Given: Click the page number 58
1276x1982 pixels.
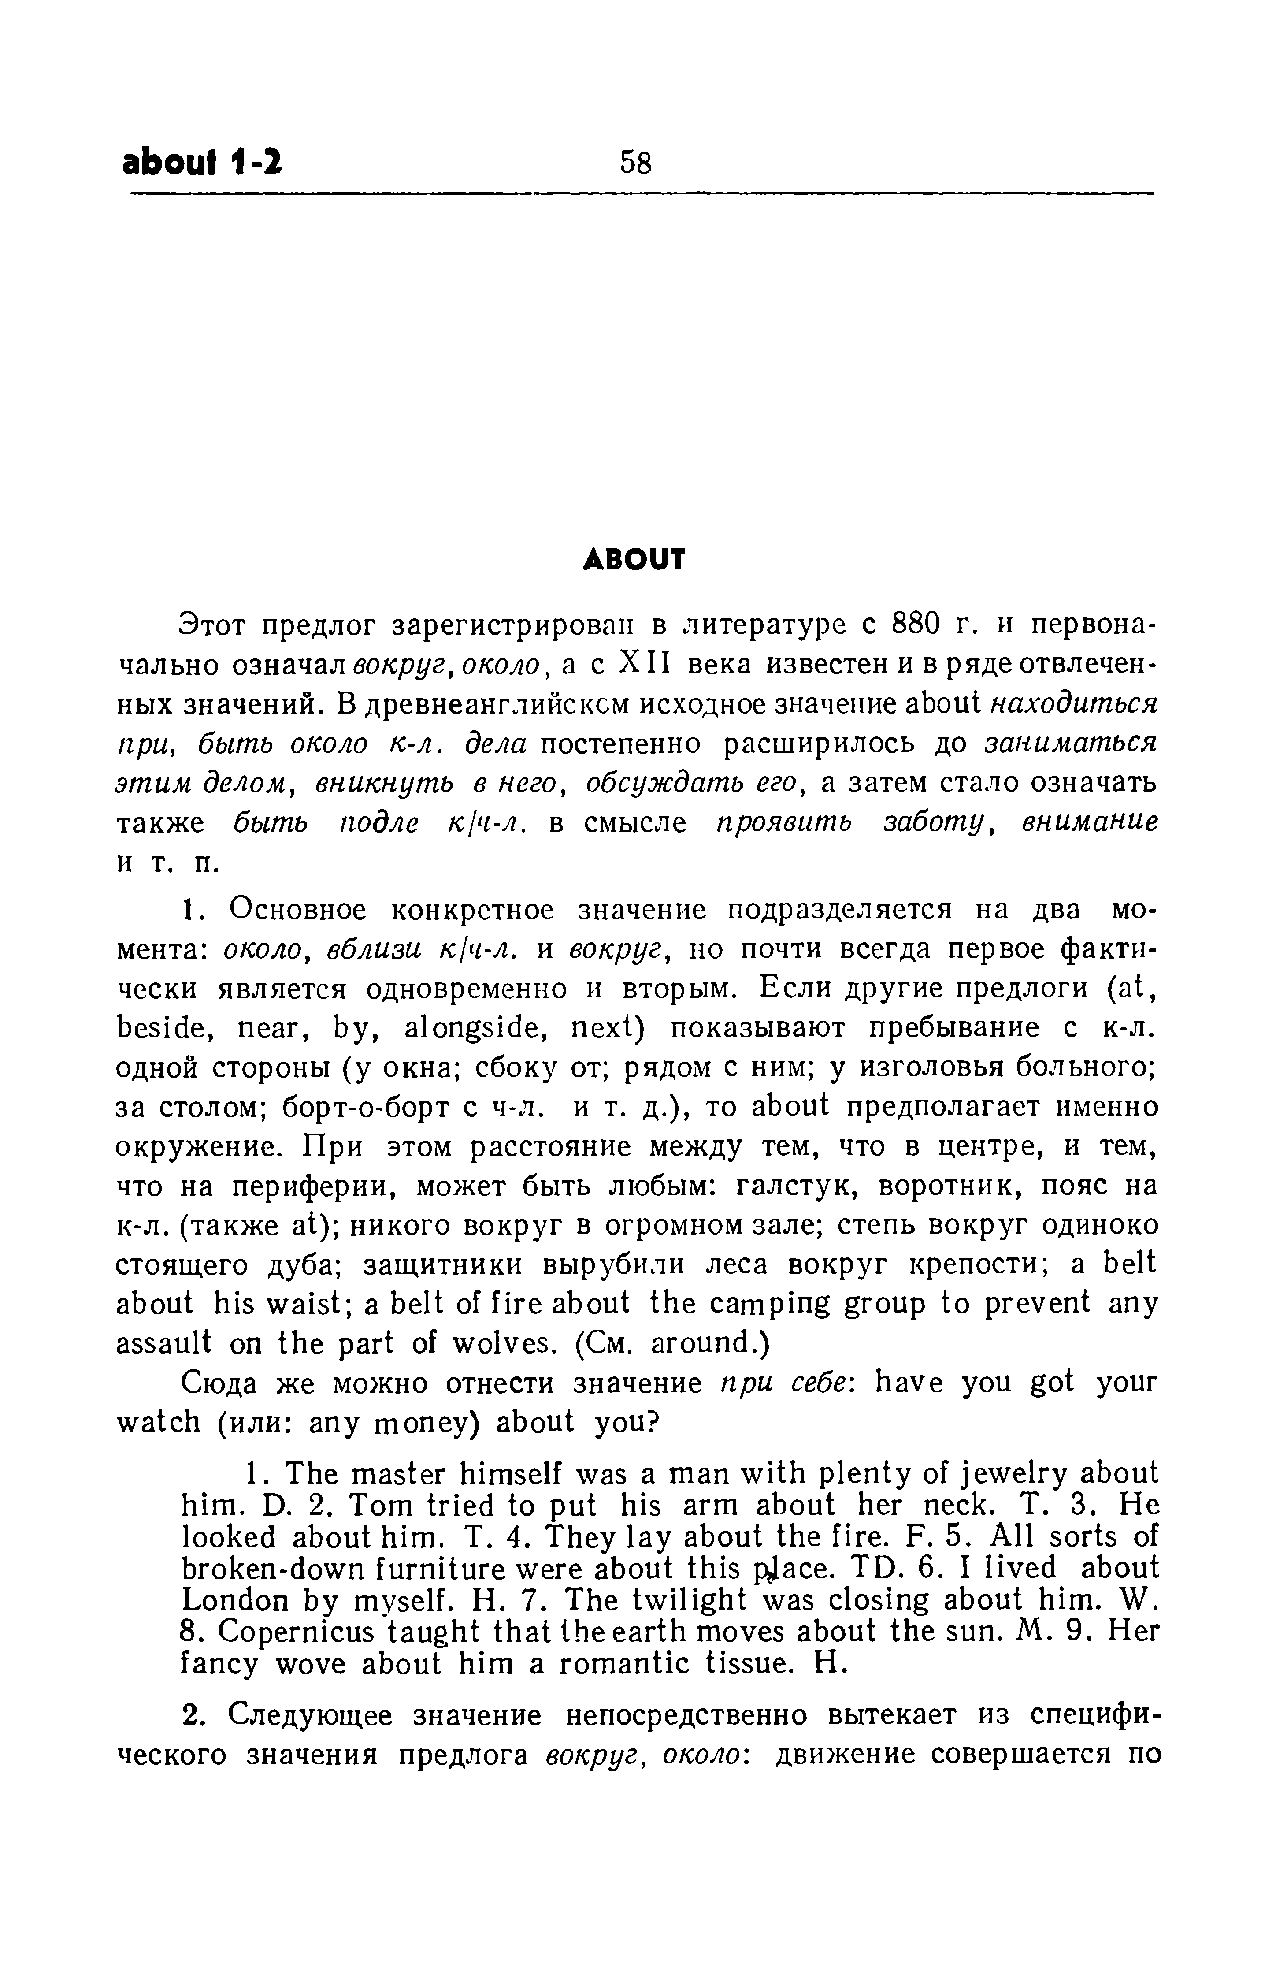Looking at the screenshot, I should tap(635, 162).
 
